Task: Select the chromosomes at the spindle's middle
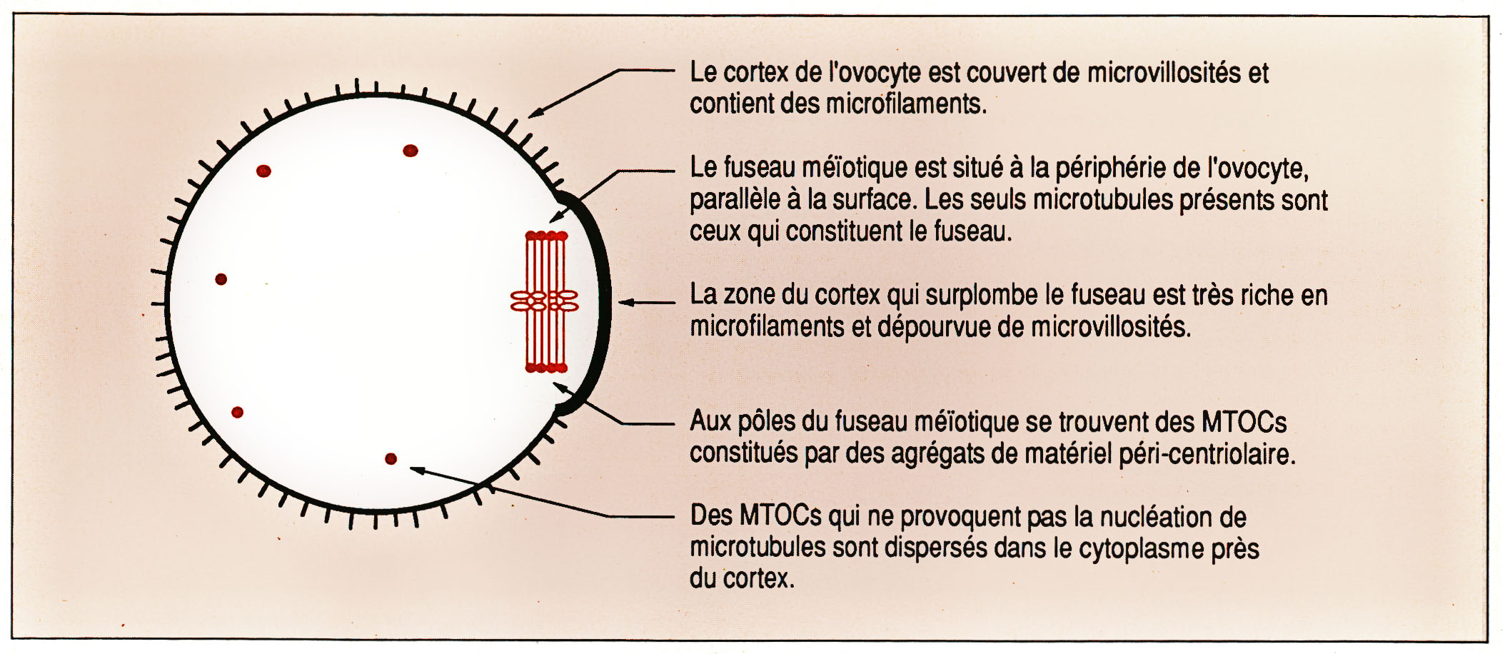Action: point(544,301)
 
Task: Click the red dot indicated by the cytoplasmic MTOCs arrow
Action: point(391,459)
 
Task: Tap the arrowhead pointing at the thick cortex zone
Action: point(625,303)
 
